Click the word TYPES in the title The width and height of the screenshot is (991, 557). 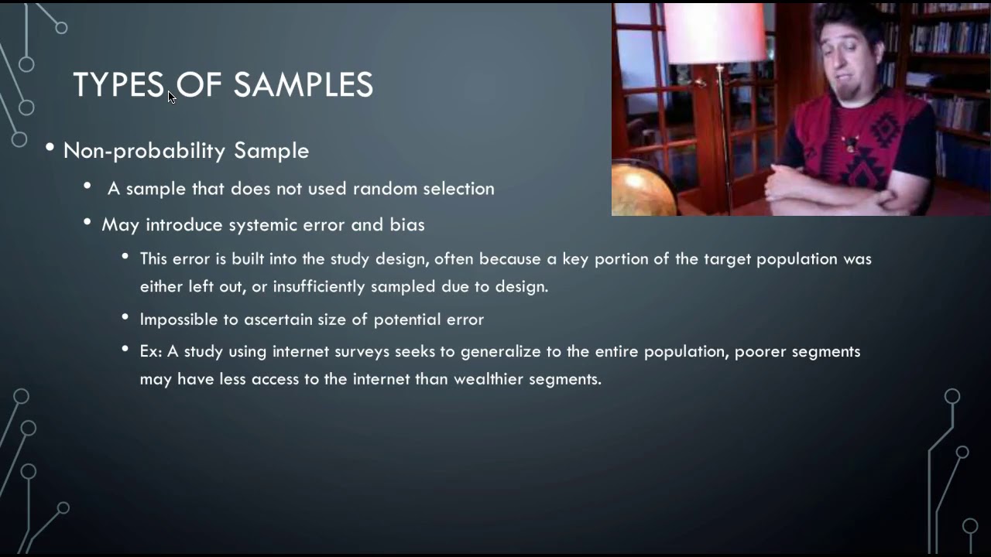[118, 85]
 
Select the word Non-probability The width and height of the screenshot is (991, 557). [145, 150]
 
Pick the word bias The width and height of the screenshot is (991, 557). [407, 224]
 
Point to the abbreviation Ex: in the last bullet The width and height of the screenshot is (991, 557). [151, 351]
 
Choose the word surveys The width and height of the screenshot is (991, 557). [362, 351]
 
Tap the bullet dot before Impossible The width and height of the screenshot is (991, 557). [125, 317]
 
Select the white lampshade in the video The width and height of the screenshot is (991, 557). [714, 32]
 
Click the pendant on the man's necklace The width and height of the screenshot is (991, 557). [852, 142]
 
